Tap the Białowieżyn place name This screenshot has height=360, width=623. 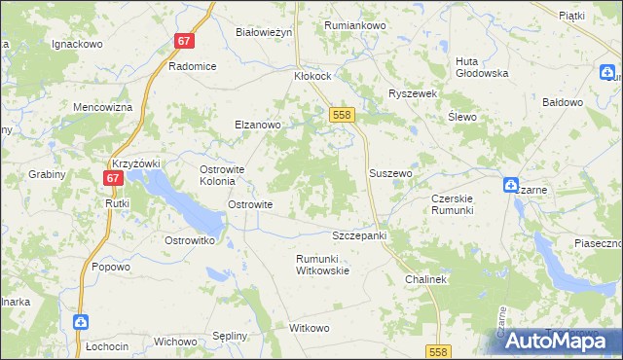click(264, 32)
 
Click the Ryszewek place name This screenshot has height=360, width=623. click(414, 93)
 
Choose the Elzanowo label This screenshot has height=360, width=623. click(257, 125)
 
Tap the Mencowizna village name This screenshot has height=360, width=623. click(102, 107)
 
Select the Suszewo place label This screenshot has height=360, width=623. click(391, 173)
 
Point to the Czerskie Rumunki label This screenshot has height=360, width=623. click(452, 204)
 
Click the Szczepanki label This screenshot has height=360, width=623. click(360, 236)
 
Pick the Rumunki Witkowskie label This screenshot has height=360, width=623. click(322, 265)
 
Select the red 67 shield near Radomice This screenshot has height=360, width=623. click(185, 42)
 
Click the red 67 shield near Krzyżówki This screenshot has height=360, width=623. click(114, 178)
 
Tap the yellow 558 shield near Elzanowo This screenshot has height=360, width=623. click(341, 115)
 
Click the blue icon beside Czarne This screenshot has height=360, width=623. click(511, 184)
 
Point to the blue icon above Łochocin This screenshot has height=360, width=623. click(82, 321)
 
